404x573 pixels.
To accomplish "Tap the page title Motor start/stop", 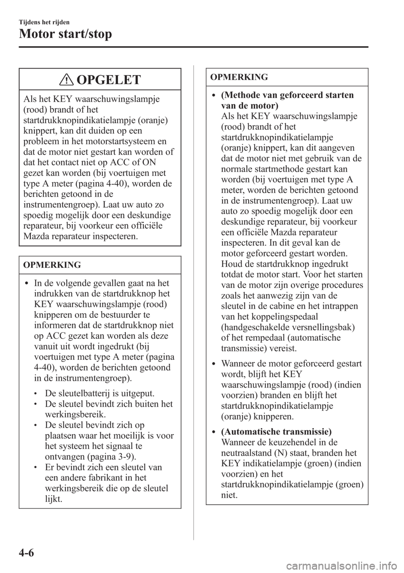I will [x=65, y=34].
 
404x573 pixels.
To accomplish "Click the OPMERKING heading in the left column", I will [x=52, y=265].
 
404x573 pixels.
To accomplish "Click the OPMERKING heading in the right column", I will [x=239, y=77].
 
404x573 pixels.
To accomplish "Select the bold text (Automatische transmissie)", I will [x=276, y=432].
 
